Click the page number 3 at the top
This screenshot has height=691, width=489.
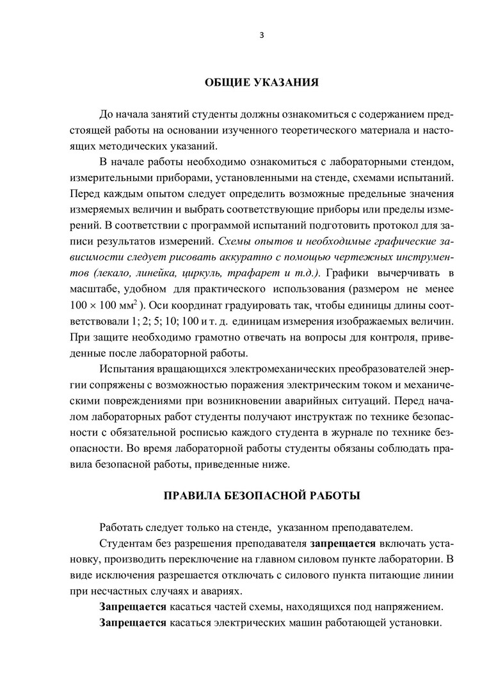[x=261, y=35]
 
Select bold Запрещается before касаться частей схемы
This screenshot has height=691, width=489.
[x=132, y=606]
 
